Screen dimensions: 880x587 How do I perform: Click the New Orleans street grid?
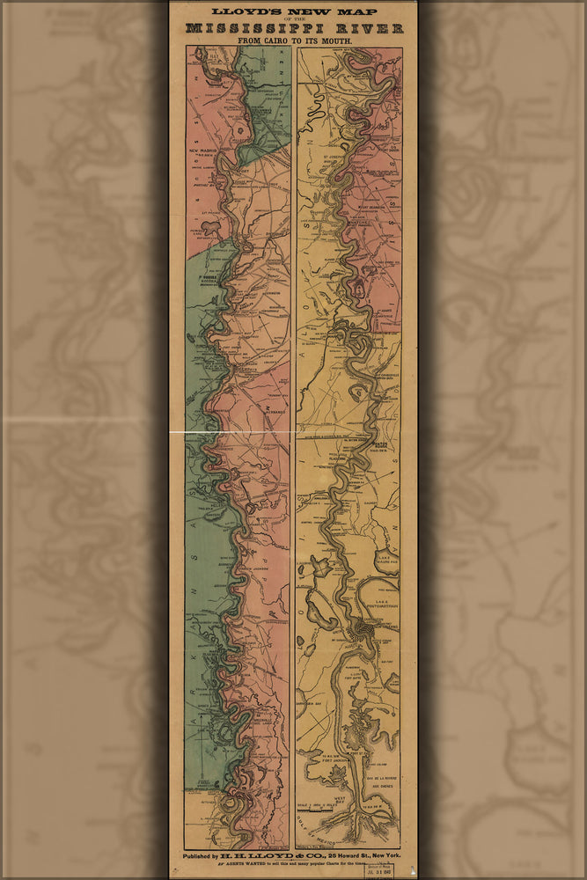tap(363, 629)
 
